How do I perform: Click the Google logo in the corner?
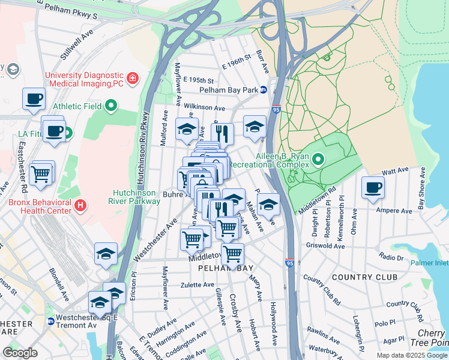(20, 353)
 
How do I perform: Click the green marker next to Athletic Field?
(111, 107)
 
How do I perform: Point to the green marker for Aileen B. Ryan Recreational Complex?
(318, 159)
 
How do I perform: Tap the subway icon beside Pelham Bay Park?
(271, 90)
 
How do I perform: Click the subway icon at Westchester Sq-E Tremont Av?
(51, 321)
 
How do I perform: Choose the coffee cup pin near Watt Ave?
(373, 187)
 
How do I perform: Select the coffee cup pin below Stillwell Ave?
(34, 98)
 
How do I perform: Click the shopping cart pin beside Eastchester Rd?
(41, 173)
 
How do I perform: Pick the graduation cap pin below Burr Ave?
(255, 127)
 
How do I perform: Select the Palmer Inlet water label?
(429, 263)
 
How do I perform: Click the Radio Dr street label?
(391, 257)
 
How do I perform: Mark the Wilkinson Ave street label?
(203, 107)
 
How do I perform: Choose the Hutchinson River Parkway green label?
(136, 197)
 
